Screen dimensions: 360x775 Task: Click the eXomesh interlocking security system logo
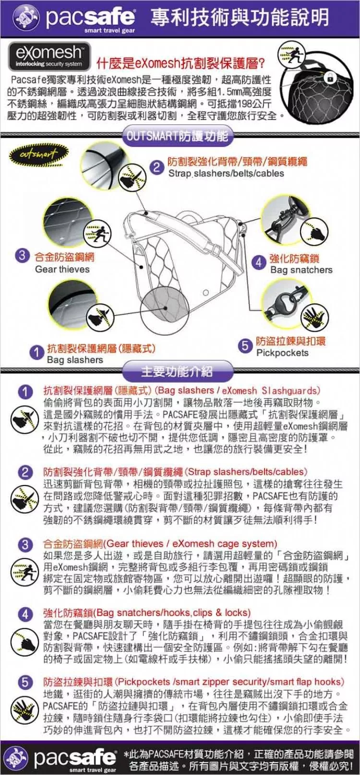[49, 57]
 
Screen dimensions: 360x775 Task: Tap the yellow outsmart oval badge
[39, 154]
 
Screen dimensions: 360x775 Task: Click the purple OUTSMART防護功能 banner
[178, 136]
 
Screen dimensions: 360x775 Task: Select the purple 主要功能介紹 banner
[177, 372]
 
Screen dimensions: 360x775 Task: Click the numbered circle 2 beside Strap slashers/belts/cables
[156, 168]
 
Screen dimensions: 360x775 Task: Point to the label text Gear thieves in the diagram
[62, 269]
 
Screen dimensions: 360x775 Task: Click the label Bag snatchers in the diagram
[301, 270]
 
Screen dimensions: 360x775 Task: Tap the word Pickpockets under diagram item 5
[282, 352]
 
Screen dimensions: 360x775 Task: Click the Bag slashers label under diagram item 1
[75, 360]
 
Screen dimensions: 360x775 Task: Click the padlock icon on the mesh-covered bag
[331, 78]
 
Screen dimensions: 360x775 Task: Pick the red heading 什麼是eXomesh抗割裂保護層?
[181, 63]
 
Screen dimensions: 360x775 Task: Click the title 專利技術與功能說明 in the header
[240, 18]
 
